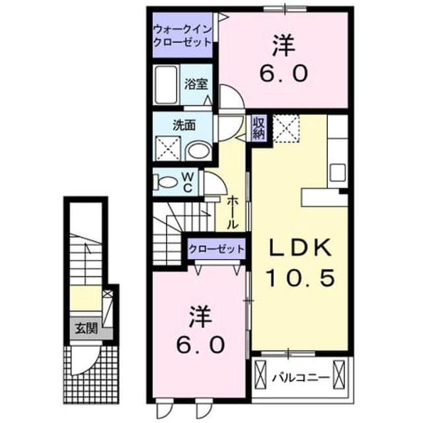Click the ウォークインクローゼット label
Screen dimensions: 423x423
pos(182,36)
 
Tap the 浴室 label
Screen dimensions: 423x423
pos(196,84)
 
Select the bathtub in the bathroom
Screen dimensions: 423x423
pos(167,85)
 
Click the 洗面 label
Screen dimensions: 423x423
pos(184,126)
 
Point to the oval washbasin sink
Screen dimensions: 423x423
pos(200,151)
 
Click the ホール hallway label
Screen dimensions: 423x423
pos(232,213)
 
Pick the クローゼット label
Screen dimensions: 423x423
pos(217,249)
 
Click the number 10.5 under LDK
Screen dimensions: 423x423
pos(301,278)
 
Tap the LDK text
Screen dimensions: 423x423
pos(300,248)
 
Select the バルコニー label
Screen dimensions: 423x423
pos(301,377)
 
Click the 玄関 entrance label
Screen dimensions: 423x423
pos(86,328)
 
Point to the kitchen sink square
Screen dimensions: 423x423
pos(338,173)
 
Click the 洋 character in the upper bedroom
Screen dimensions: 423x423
pos(284,46)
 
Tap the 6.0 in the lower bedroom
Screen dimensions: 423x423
pos(200,345)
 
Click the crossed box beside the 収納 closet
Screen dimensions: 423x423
pos(286,129)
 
